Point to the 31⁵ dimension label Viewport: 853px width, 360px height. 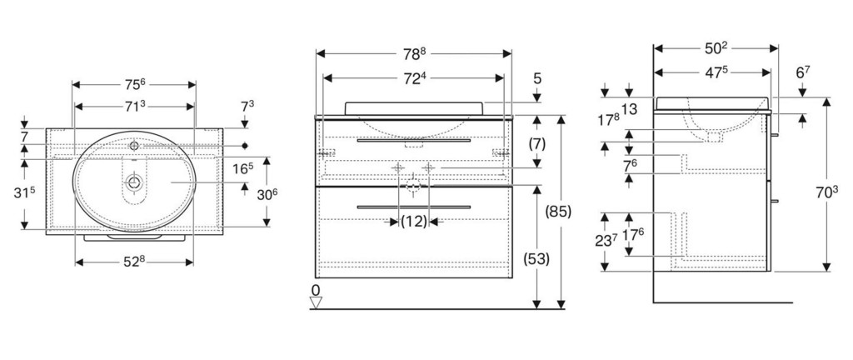tap(27, 193)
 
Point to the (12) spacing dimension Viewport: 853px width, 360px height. tap(413, 222)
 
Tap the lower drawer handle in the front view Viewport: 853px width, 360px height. tap(413, 205)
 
